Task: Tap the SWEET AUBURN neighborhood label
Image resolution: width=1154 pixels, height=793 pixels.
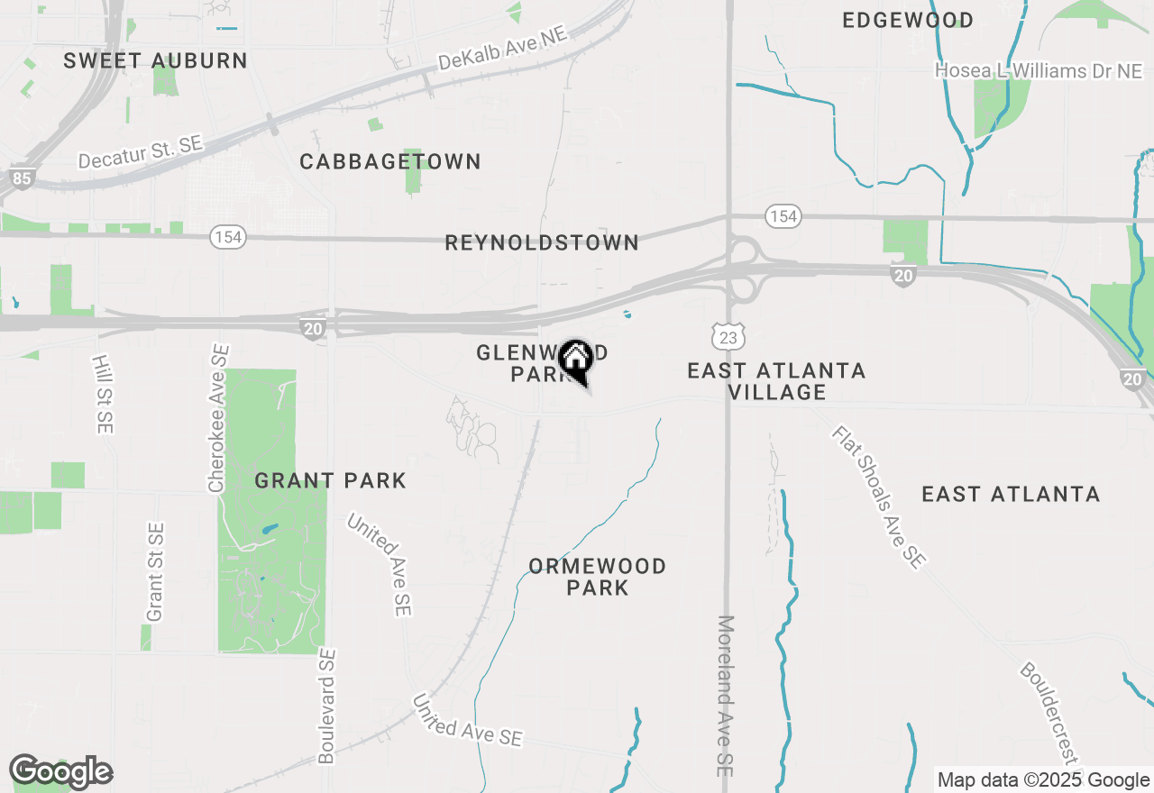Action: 155,61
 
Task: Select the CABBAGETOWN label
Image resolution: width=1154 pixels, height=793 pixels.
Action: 390,162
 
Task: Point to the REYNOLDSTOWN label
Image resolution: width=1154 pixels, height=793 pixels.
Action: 542,242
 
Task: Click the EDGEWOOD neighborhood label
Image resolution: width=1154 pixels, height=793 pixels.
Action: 907,20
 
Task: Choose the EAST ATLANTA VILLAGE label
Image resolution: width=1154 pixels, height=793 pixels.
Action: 776,381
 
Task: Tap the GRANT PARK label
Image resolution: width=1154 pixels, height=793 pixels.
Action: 330,481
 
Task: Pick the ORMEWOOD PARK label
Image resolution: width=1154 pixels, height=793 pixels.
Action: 597,577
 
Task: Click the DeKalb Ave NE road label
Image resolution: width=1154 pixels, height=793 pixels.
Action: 503,49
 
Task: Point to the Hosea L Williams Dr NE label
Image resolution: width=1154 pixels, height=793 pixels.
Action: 1039,70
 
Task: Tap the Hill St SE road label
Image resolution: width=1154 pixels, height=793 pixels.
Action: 100,393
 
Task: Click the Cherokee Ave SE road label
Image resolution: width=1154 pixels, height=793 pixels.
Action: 218,418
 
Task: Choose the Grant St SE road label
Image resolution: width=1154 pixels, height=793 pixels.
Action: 155,571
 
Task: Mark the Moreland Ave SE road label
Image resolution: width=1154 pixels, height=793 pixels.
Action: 726,696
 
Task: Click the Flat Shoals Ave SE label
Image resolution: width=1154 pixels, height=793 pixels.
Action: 878,497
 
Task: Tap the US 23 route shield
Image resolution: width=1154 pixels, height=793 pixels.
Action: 728,337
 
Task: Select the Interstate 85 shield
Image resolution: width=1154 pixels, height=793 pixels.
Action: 22,178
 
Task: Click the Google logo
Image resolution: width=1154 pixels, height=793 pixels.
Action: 60,771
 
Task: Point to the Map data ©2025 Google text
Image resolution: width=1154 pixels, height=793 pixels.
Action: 1043,780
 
